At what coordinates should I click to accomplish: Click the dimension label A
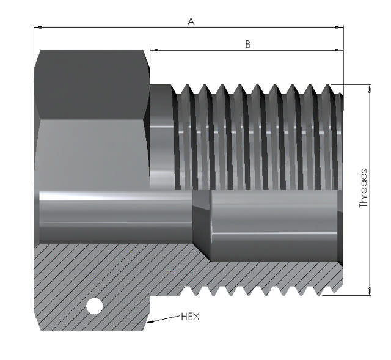pos(191,21)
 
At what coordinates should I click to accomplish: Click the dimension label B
pos(247,44)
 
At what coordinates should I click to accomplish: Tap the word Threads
pos(364,189)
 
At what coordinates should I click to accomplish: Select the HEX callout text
pos(190,317)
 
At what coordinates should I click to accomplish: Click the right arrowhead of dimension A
pos(340,28)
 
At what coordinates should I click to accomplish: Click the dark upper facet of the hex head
pos(92,83)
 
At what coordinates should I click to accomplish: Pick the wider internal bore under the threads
pos(275,223)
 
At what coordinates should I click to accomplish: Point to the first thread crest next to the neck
pos(179,134)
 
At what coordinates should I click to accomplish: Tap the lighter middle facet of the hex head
pos(92,153)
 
